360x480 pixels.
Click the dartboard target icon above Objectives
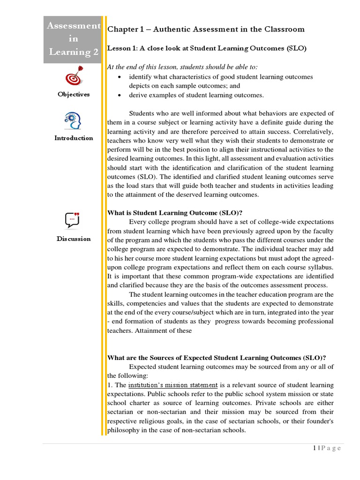click(73, 76)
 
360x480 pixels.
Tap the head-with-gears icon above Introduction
click(73, 121)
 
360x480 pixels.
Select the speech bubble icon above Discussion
click(73, 219)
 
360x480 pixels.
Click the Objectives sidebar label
click(74, 94)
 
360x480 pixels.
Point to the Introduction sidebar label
click(74, 138)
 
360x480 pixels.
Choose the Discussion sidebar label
click(74, 239)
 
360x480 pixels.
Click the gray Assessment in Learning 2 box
click(74, 39)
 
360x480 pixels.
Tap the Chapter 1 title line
click(206, 29)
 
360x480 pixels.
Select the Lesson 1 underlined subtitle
click(207, 48)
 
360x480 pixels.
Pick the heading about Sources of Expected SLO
click(217, 358)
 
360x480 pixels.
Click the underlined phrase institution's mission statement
click(173, 385)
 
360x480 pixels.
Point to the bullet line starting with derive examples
click(196, 95)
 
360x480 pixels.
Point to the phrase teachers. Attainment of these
click(150, 330)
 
